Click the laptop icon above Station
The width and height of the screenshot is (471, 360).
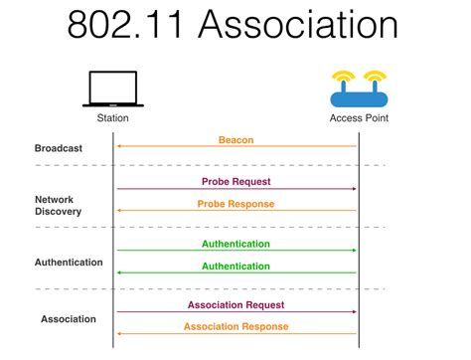(112, 89)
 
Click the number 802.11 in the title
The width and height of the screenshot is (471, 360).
(125, 26)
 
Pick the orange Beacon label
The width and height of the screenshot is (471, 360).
(235, 140)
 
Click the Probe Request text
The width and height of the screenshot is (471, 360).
(235, 182)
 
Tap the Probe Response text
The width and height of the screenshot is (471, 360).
(235, 204)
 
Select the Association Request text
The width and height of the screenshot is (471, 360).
(235, 305)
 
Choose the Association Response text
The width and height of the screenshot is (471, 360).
(235, 327)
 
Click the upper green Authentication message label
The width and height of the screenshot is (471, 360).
(235, 244)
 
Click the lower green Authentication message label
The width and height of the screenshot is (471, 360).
(235, 266)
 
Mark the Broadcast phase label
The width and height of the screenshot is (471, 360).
(58, 148)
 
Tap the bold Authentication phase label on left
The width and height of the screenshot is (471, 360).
(69, 263)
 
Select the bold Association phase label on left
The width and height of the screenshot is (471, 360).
(69, 319)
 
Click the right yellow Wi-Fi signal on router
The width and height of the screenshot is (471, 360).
(374, 77)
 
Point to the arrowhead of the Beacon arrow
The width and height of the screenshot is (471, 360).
(119, 146)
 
